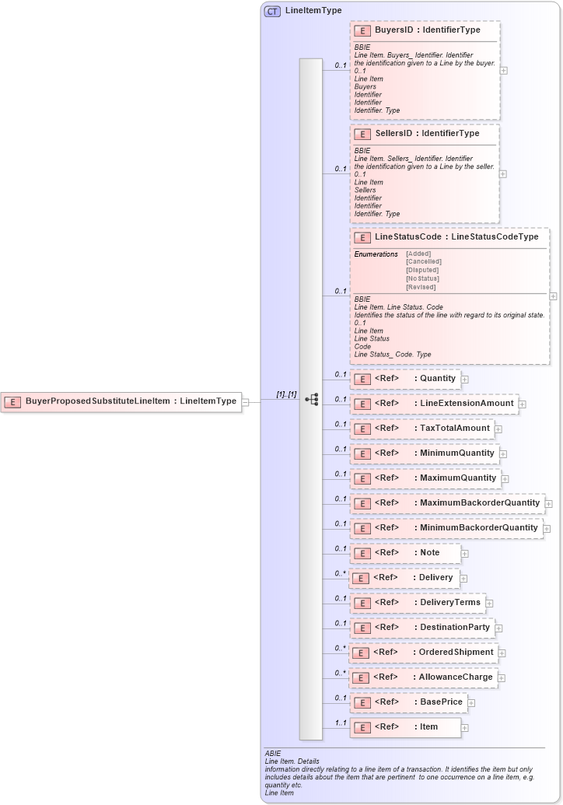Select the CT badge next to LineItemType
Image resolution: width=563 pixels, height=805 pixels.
pos(272,11)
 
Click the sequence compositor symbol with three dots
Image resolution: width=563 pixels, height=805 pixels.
pos(311,400)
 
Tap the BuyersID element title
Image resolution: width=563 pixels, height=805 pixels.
pos(427,30)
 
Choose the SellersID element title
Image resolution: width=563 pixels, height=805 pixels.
pos(427,134)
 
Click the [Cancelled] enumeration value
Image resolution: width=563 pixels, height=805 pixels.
pos(423,262)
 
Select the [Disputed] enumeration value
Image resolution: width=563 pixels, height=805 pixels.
pos(422,270)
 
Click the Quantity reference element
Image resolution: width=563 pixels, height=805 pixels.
pos(405,379)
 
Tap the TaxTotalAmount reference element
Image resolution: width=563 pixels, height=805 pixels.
pos(422,429)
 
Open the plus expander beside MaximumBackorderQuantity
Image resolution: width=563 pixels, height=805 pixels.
pos(549,503)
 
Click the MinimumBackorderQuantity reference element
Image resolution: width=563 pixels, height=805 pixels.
pos(446,528)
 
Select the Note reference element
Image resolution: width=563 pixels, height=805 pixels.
pos(405,553)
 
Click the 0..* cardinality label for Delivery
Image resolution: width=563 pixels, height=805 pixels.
pos(340,573)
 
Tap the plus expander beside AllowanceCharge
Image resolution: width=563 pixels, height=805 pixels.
pos(502,677)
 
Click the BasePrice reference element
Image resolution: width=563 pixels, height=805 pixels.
pos(408,702)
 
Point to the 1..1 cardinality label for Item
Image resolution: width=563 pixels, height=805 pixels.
pos(340,723)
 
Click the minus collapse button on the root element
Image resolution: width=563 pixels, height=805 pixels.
pos(245,402)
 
